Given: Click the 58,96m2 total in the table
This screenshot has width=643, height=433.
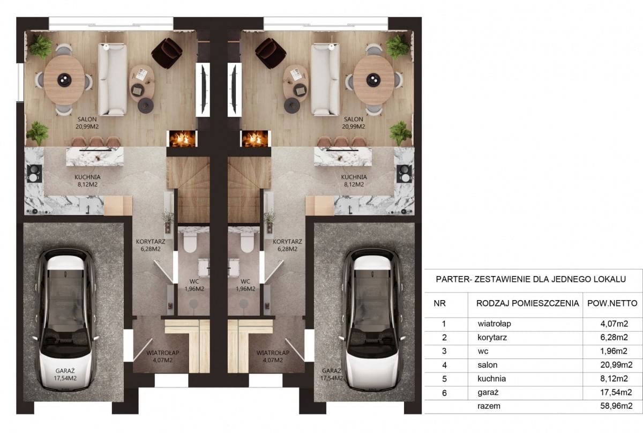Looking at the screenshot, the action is pyautogui.click(x=616, y=406).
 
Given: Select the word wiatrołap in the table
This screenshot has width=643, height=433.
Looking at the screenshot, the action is pyautogui.click(x=494, y=324).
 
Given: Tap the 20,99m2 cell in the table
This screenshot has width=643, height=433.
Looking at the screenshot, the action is pyautogui.click(x=616, y=364).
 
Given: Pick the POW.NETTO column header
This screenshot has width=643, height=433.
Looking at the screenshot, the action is pyautogui.click(x=612, y=303).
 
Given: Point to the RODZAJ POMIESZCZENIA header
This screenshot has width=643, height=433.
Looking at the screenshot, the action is pyautogui.click(x=528, y=303).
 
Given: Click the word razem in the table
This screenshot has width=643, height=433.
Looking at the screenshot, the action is pyautogui.click(x=489, y=406).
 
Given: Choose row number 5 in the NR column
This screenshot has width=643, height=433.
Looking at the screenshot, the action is pyautogui.click(x=444, y=379).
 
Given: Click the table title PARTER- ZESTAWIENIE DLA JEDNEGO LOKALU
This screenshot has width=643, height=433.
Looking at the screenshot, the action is pyautogui.click(x=531, y=279).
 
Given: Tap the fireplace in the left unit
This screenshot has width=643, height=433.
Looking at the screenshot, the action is pyautogui.click(x=182, y=139).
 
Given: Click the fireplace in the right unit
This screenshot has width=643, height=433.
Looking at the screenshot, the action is pyautogui.click(x=256, y=139).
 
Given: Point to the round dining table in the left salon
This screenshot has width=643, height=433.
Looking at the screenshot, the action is pyautogui.click(x=64, y=80).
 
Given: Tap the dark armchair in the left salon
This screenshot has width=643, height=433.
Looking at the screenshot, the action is pyautogui.click(x=167, y=53).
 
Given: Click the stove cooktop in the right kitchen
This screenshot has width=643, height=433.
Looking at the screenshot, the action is pyautogui.click(x=405, y=174).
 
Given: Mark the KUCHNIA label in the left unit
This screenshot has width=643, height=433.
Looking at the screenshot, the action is pyautogui.click(x=87, y=177).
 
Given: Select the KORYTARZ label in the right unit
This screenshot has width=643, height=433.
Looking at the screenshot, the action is pyautogui.click(x=287, y=242).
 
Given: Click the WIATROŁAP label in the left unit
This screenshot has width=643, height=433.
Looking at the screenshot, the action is pyautogui.click(x=163, y=353).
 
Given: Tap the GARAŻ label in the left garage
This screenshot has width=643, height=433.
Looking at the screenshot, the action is pyautogui.click(x=65, y=371).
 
